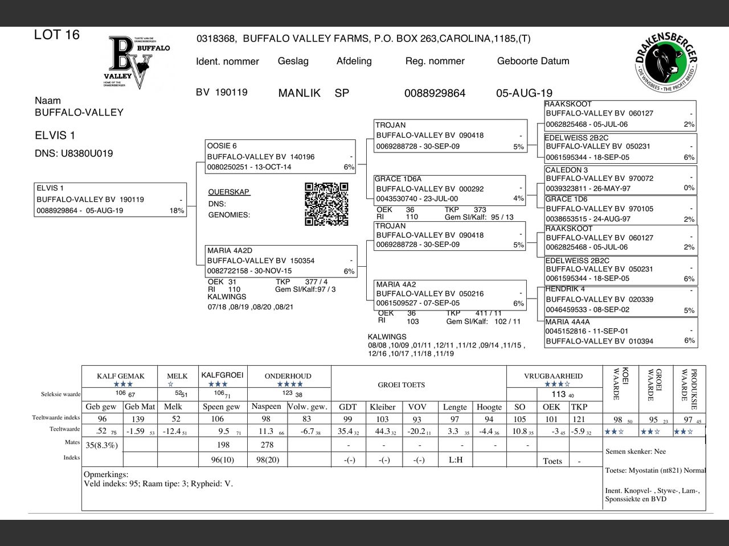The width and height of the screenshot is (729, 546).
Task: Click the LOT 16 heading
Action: (57, 35)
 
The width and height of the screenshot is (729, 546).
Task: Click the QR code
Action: (326, 204)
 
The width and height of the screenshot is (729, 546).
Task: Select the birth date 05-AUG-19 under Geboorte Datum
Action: (524, 93)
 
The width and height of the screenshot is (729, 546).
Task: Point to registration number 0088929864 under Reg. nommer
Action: (435, 93)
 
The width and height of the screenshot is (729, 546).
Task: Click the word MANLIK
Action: (300, 93)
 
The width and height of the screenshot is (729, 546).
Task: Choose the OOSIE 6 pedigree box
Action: (280, 156)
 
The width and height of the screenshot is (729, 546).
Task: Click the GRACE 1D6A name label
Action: (398, 179)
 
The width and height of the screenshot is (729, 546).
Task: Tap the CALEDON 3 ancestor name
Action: (566, 169)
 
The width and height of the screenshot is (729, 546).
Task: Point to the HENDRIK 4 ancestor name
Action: (565, 289)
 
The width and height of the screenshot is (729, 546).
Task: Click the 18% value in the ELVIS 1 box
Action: (177, 210)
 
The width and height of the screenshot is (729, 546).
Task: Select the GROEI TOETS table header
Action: (401, 385)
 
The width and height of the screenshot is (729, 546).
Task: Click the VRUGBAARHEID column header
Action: (553, 376)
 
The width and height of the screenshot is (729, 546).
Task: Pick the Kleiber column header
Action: (382, 407)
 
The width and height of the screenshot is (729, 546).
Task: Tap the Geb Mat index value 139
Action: (138, 419)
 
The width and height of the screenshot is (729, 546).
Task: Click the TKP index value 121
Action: (579, 419)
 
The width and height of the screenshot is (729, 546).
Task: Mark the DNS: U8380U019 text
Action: (73, 153)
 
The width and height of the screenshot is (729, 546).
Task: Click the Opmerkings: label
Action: (106, 474)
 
